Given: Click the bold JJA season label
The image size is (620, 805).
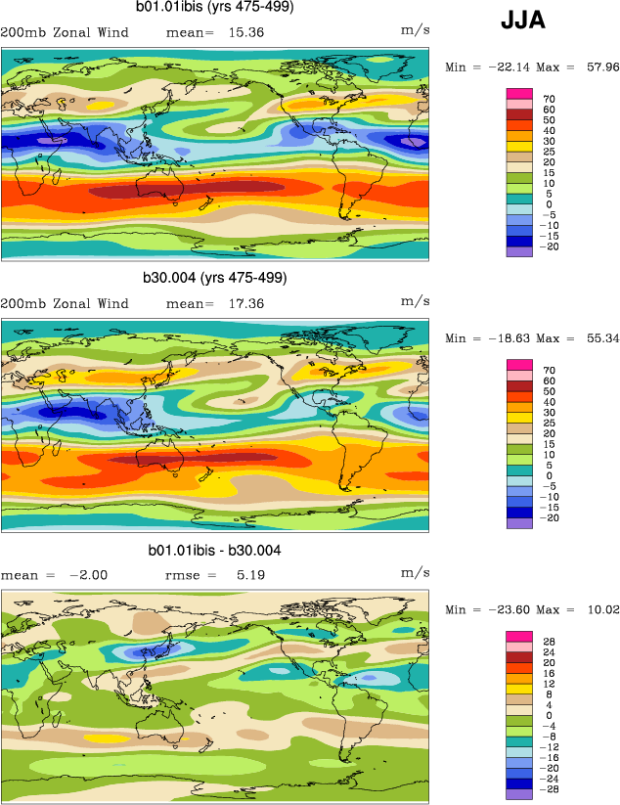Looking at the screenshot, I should tap(523, 20).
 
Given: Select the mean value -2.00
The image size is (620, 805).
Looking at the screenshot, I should tap(87, 576).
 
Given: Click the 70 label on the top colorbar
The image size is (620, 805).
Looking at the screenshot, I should tap(549, 99).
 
